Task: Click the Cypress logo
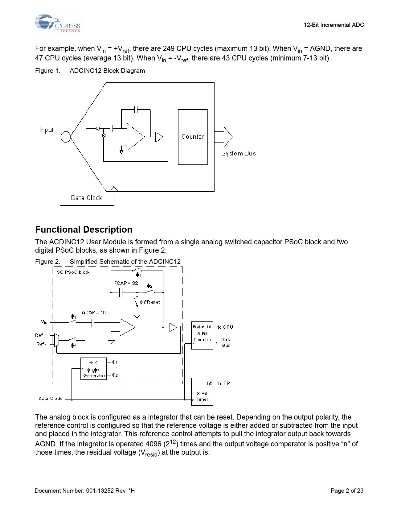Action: point(57,23)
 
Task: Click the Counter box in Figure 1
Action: point(193,137)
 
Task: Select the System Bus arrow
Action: point(224,137)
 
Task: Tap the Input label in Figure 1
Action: point(46,130)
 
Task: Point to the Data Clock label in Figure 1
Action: point(86,198)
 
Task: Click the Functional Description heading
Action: point(84,230)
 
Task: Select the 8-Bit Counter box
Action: point(202,335)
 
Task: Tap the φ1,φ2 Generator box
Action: point(94,369)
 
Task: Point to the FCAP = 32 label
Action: point(126,283)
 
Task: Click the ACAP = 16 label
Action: point(93,312)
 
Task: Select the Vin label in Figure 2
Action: point(44,322)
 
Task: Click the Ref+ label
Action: point(41,335)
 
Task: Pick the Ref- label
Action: point(41,344)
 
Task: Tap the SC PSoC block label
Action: point(73,272)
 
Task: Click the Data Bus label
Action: point(226,342)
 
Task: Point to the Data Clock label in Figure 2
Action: point(50,399)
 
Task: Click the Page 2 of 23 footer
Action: point(347,490)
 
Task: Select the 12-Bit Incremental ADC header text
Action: point(334,25)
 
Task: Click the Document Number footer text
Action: point(84,490)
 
